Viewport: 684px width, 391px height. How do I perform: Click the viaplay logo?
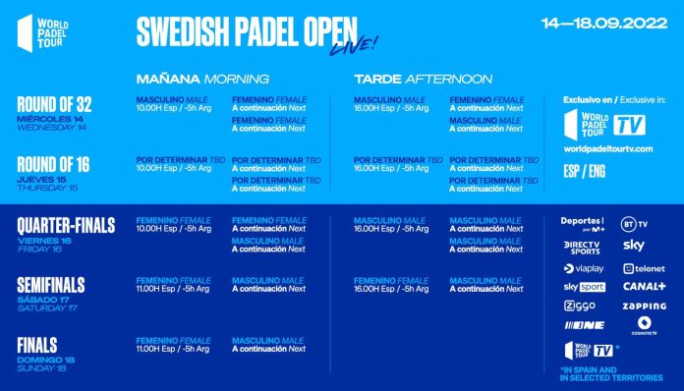tap(583, 267)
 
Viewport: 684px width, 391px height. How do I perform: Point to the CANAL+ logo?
tap(644, 287)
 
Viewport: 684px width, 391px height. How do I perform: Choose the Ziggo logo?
tap(579, 306)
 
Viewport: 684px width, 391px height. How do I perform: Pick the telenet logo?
tap(643, 267)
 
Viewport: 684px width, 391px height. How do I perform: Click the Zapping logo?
tap(645, 306)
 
